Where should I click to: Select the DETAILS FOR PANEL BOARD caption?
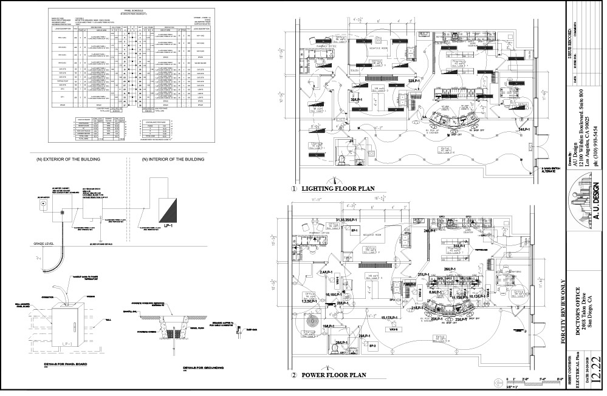tap(67, 364)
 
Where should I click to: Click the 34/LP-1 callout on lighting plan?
tap(526, 129)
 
